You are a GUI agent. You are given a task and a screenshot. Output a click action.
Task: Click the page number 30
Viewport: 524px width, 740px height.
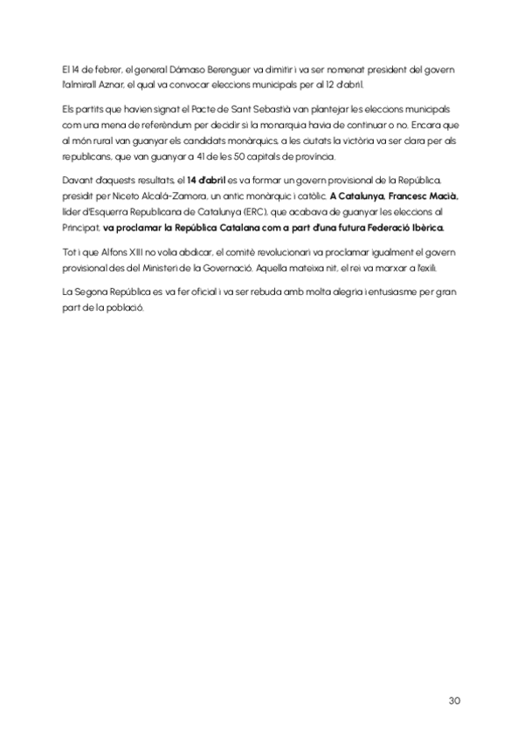tap(454, 700)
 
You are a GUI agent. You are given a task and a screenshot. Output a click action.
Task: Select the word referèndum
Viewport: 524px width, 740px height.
tap(153, 126)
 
